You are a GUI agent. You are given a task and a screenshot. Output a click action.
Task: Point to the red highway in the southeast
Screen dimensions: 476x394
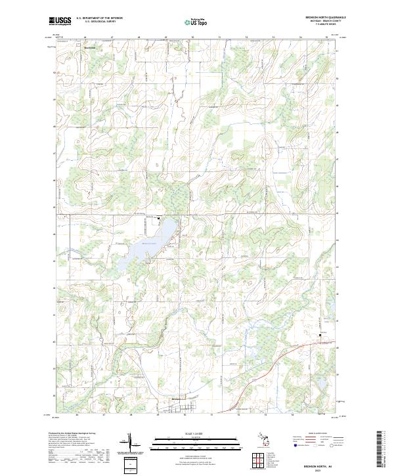(263, 368)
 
